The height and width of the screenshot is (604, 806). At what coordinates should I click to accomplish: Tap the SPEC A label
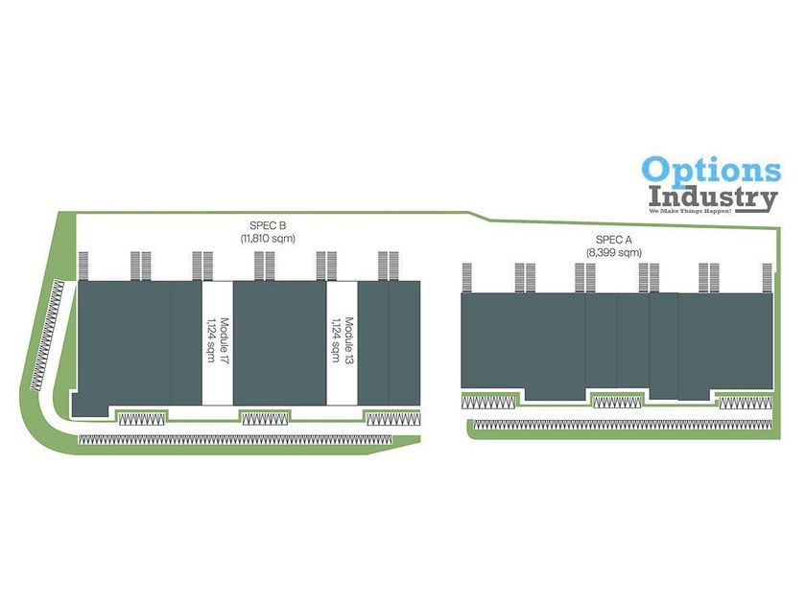[614, 240]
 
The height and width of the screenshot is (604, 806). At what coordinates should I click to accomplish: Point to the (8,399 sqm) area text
[614, 252]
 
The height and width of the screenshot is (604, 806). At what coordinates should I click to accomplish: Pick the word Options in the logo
[711, 171]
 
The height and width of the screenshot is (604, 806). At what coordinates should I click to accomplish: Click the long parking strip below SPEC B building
[235, 440]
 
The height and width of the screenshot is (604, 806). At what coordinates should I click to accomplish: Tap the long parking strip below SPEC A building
[624, 424]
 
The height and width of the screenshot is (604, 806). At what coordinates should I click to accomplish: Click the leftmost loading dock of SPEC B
[83, 266]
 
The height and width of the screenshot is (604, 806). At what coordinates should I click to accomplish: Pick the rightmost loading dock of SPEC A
[767, 277]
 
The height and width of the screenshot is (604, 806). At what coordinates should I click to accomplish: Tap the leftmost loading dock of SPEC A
[468, 277]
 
